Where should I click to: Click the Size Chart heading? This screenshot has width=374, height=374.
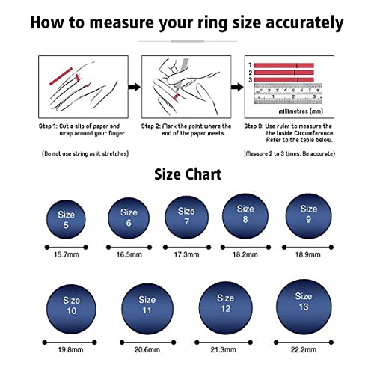(187, 174)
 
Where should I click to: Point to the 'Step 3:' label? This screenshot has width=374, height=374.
(258, 126)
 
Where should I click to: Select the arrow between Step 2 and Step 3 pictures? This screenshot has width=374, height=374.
(236, 88)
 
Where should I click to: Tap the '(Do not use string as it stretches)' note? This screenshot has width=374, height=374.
(85, 153)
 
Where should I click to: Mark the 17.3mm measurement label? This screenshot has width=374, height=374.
(186, 255)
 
